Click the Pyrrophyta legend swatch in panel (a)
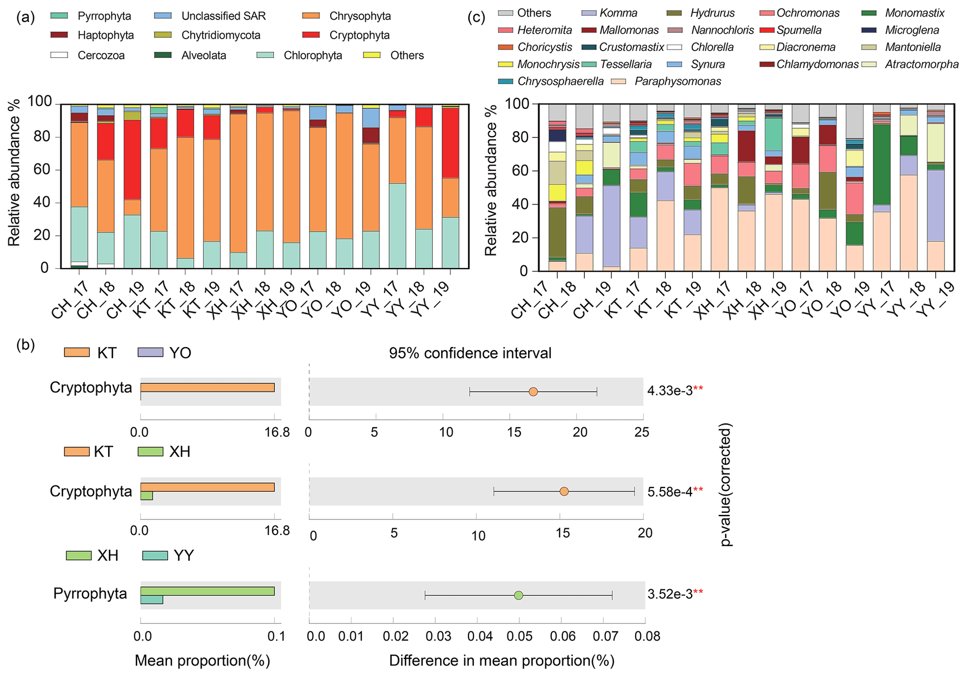(59, 16)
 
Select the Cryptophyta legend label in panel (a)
(359, 36)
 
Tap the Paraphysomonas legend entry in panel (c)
(677, 82)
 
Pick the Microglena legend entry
(912, 30)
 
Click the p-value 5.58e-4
(670, 492)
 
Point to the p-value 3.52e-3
(670, 594)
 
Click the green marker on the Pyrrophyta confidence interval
(518, 595)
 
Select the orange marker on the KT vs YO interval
(533, 392)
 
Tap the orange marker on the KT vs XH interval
(564, 491)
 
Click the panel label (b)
(25, 345)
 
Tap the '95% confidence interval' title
(470, 353)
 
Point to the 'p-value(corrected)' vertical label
(726, 484)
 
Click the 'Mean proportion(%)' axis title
(202, 661)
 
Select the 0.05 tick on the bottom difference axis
(519, 636)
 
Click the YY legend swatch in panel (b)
(155, 556)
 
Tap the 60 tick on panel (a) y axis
(41, 170)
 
